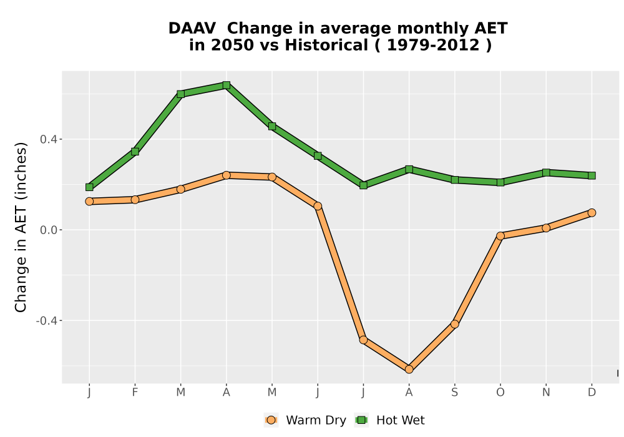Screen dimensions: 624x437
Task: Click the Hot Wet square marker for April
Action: point(227,85)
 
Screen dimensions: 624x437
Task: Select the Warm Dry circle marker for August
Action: point(409,370)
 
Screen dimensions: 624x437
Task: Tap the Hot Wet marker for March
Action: point(181,94)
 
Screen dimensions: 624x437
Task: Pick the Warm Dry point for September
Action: point(455,324)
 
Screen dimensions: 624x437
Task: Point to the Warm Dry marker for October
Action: point(500,235)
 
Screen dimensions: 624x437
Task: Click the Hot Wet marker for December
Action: point(592,175)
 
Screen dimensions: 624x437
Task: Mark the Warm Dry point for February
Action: point(135,199)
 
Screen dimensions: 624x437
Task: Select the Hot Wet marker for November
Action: point(546,172)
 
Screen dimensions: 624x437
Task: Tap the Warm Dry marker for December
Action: point(592,212)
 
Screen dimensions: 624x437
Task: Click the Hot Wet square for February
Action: point(135,151)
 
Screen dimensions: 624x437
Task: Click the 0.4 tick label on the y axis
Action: point(48,139)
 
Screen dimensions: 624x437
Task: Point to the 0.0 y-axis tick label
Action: point(48,230)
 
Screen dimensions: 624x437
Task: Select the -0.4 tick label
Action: point(46,321)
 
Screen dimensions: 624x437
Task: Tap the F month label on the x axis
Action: point(135,393)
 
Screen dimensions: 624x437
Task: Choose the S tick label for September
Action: point(455,393)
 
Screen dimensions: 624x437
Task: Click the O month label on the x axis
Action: point(500,393)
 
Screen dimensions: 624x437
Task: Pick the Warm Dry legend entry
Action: point(305,420)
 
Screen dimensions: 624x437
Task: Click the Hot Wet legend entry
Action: point(389,420)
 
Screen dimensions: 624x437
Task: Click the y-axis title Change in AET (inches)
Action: point(21,227)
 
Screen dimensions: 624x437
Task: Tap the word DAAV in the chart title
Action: point(192,29)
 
